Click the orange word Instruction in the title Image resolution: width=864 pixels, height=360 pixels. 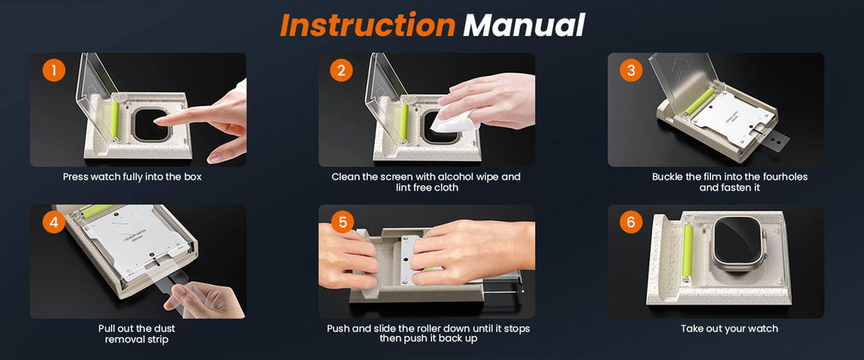coord(368,24)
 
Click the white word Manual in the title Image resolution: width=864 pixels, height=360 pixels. coord(524,25)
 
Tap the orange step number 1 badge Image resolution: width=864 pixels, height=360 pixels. coord(53,71)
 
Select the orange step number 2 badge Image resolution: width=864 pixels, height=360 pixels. coord(341,71)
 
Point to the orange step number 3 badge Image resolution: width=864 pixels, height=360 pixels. coord(631,71)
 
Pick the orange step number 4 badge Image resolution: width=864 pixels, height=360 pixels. coord(53,222)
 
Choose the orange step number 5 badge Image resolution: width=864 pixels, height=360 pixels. coord(343,222)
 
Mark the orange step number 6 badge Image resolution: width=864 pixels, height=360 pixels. coord(631,222)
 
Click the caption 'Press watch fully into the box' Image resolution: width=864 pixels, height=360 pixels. coord(132,177)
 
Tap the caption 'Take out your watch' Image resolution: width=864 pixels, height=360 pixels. coord(729,329)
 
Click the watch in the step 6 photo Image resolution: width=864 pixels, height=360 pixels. coord(738,244)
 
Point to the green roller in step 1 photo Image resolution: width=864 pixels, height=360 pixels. coord(115,120)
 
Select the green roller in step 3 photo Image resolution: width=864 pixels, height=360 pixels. coord(700,102)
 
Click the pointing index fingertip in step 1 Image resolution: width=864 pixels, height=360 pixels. coord(157,122)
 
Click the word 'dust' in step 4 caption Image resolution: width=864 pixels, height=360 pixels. coord(165,328)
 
